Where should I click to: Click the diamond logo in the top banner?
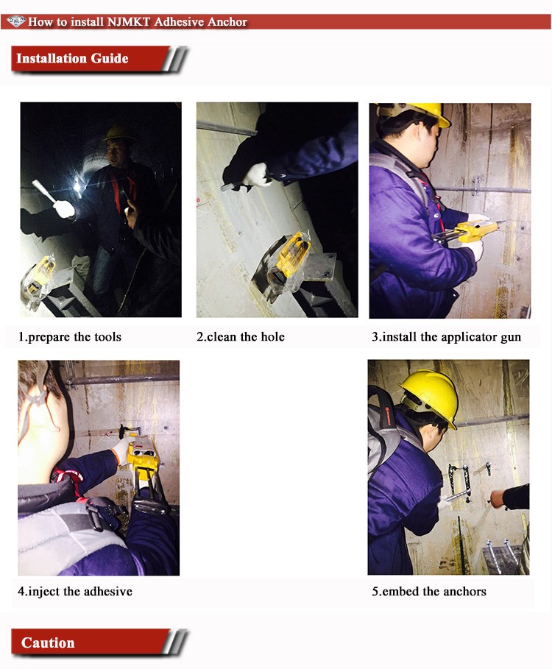16,21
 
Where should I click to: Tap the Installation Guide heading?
72,58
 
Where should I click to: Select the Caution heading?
48,643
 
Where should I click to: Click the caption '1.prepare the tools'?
69,336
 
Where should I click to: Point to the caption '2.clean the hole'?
241,336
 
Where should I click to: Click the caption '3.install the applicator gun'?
446,337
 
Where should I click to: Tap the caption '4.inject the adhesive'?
75,591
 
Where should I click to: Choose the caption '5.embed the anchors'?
429,591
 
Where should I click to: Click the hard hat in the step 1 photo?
118,133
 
